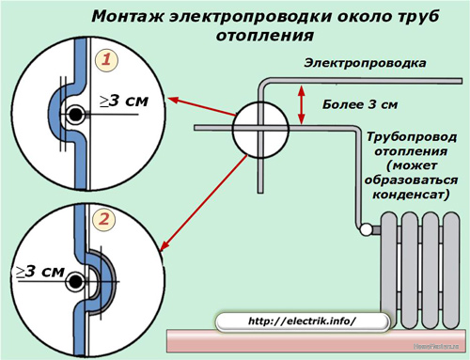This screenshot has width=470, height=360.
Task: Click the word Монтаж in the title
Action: tap(124, 17)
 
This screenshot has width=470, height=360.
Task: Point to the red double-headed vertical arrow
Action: tap(302, 103)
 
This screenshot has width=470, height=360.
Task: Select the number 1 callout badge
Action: tap(109, 60)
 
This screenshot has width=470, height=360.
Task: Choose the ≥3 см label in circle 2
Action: tap(39, 272)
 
